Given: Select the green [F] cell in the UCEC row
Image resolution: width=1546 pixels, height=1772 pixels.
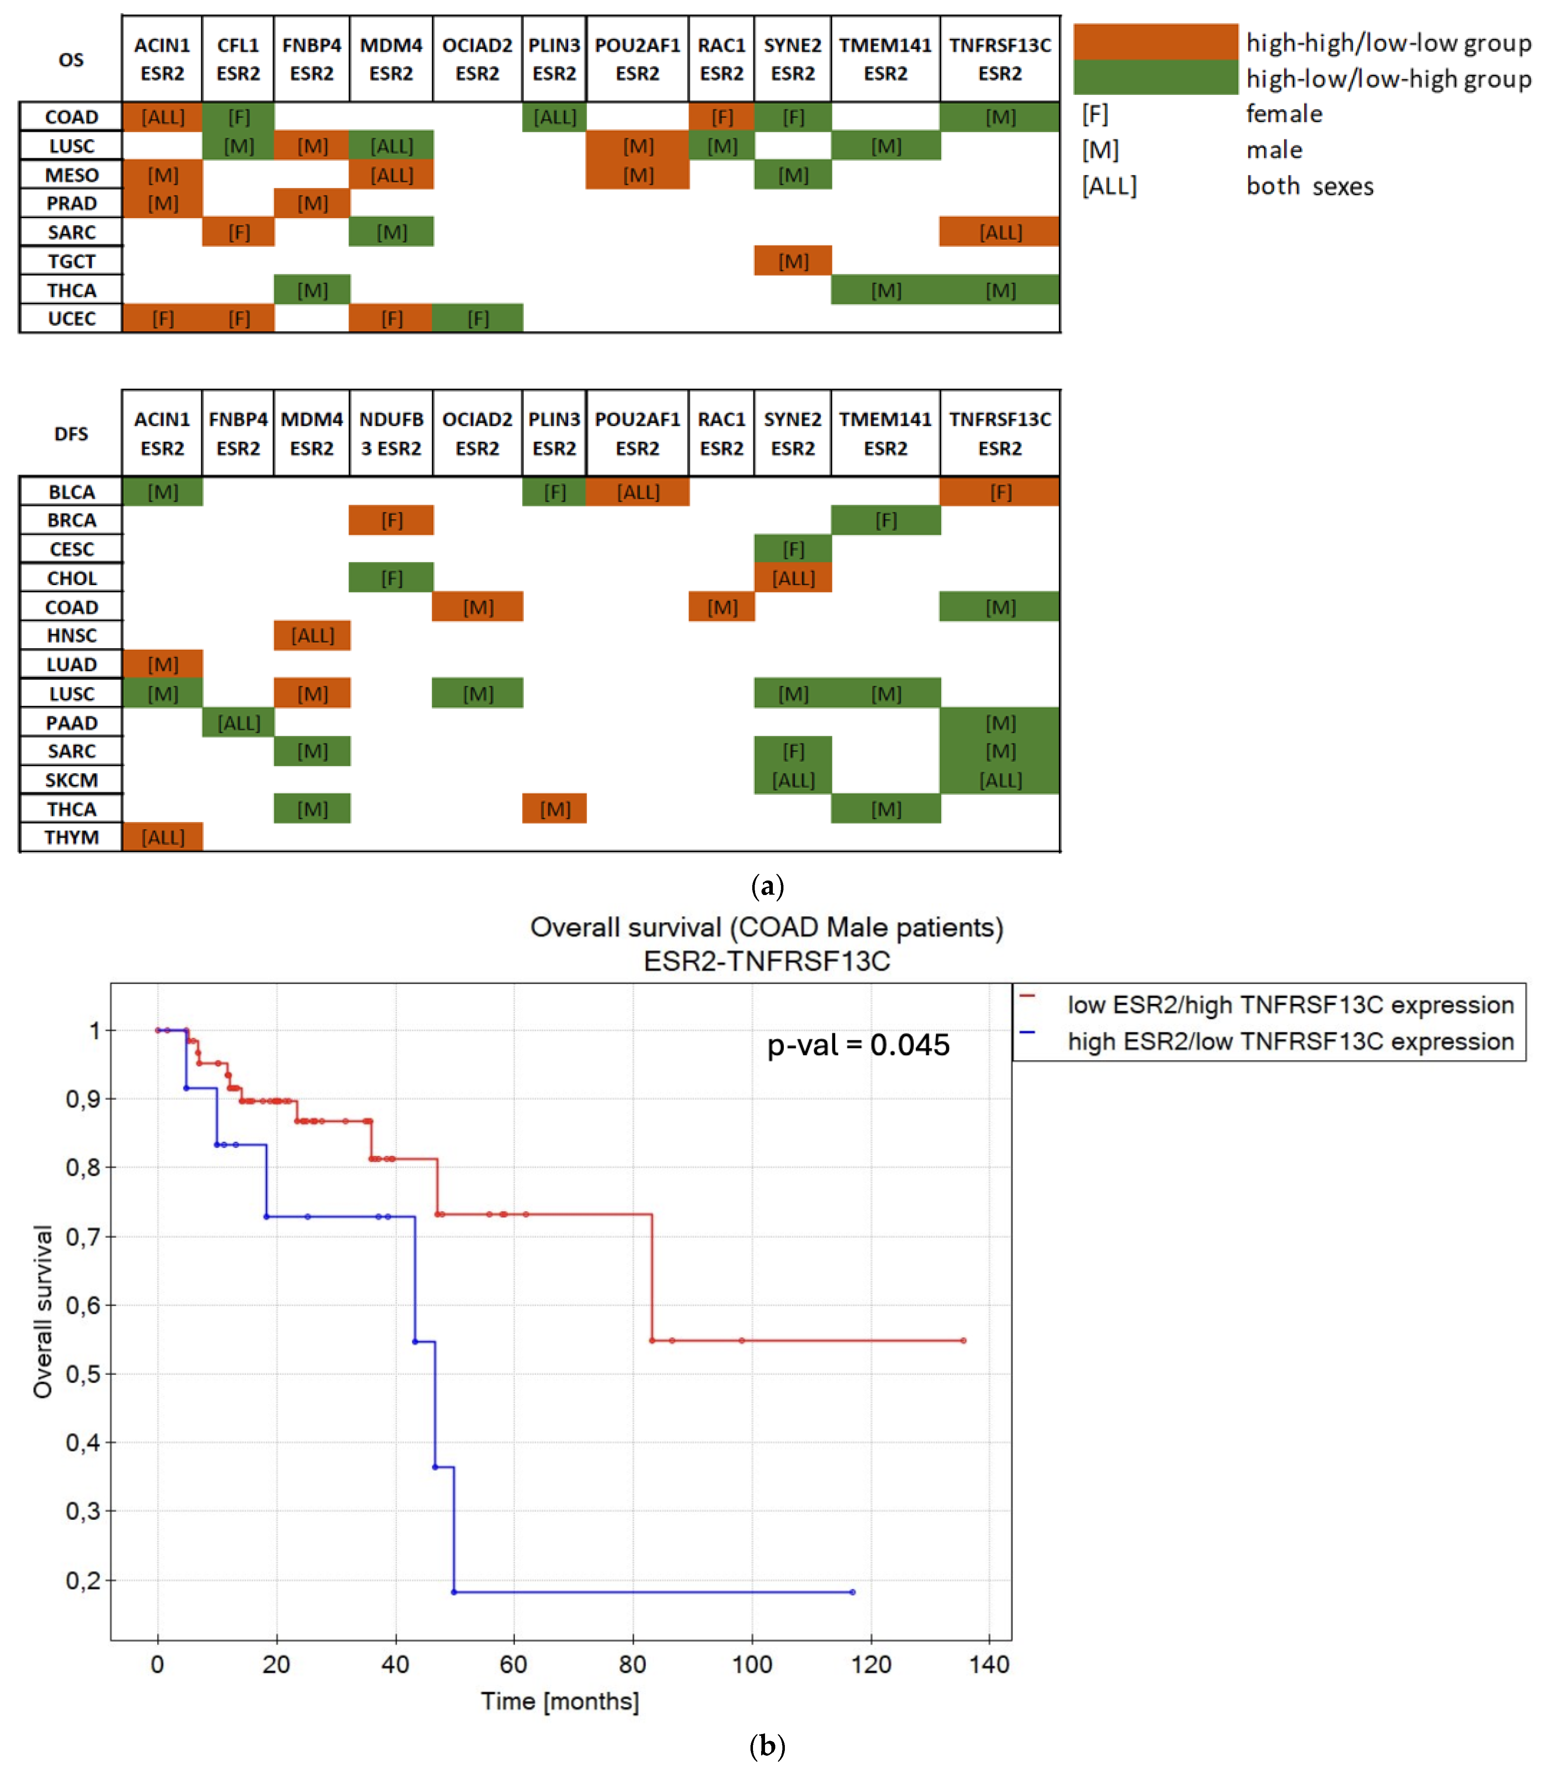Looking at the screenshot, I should (x=478, y=319).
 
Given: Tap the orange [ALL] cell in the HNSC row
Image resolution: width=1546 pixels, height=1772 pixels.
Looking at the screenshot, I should (x=312, y=636).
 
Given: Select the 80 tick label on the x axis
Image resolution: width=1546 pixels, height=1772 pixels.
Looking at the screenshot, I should (x=632, y=1664).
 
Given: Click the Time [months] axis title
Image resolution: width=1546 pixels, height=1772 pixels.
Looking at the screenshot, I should (x=560, y=1701).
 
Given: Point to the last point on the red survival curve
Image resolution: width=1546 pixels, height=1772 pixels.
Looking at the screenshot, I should (x=964, y=1341).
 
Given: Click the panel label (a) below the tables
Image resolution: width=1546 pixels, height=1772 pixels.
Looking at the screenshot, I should (x=767, y=886).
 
